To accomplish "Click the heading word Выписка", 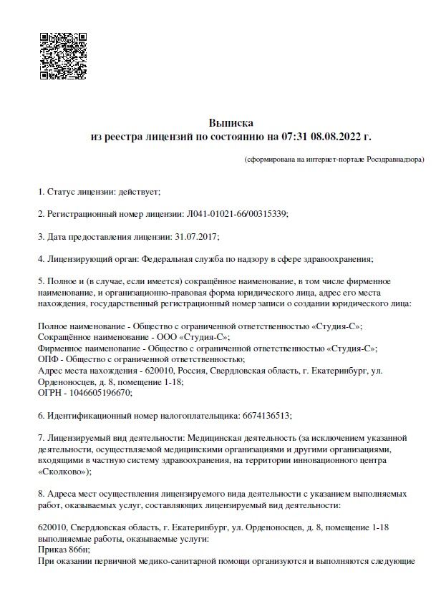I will click(231, 123).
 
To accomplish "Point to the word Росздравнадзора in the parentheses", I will click(394, 158).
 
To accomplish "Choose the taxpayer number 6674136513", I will click(265, 414).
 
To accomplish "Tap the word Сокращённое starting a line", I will click(66, 337).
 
